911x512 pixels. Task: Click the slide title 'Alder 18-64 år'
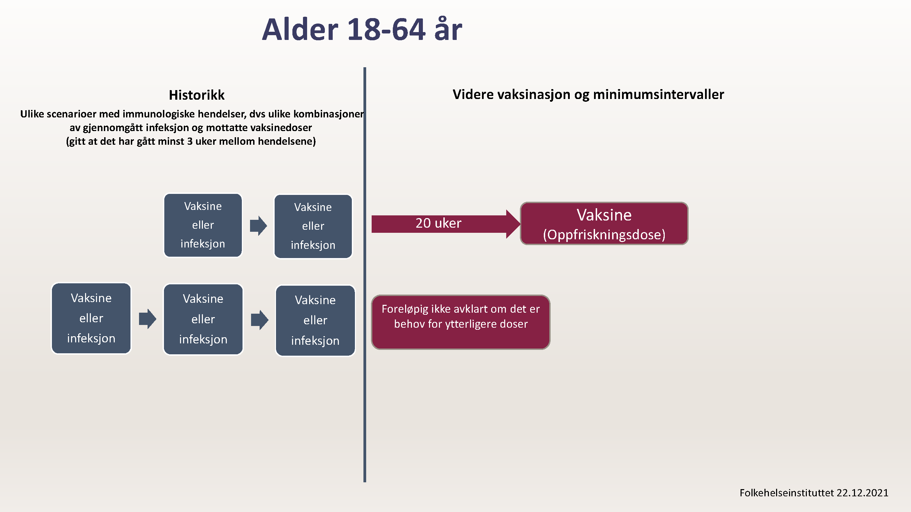[x=362, y=29]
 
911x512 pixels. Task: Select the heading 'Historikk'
[x=197, y=95]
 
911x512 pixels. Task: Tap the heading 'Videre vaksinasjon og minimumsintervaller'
[x=588, y=94]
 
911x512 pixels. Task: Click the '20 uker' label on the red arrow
[x=438, y=223]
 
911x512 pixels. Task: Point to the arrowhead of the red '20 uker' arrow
[x=520, y=224]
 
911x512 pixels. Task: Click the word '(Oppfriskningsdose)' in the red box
[x=604, y=234]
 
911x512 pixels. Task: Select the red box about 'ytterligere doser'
[x=460, y=322]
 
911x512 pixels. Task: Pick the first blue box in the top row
[x=203, y=225]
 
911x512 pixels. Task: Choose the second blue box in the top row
[x=313, y=227]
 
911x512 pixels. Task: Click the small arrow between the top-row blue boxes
[x=258, y=225]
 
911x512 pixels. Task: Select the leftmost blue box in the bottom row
[x=91, y=318]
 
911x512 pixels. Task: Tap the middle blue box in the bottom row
[x=203, y=319]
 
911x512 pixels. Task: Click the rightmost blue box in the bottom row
[x=315, y=321]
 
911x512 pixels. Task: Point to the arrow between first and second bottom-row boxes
[x=148, y=319]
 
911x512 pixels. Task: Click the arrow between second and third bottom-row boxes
[x=260, y=320]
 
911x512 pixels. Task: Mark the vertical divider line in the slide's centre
[x=364, y=274]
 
